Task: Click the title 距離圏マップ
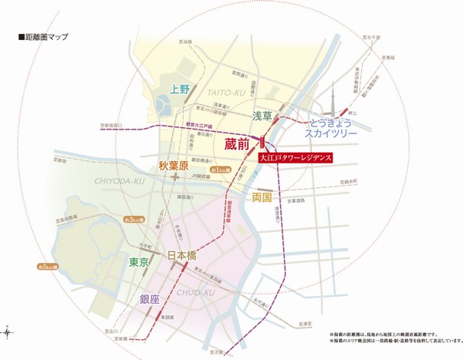(x=39, y=36)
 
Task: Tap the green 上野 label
(x=180, y=89)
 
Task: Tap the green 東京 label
(x=139, y=262)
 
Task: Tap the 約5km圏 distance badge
(x=48, y=266)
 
